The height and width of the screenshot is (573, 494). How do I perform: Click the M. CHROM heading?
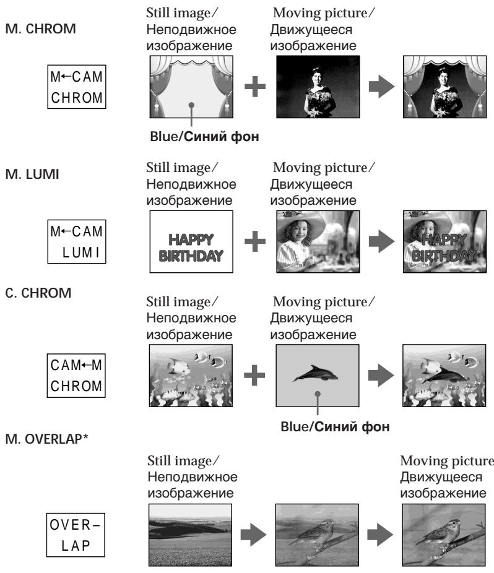[x=41, y=29]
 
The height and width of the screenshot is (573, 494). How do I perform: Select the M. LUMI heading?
[x=32, y=174]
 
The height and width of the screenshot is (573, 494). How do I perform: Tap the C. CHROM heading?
[x=38, y=293]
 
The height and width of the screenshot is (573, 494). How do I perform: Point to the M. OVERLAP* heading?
[x=47, y=439]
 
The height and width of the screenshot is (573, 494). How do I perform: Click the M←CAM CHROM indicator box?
[x=77, y=87]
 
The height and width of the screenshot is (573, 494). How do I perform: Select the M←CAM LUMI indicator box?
[x=77, y=241]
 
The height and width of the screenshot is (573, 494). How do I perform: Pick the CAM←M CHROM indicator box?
[x=76, y=376]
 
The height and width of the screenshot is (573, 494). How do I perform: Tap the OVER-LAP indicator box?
[x=76, y=535]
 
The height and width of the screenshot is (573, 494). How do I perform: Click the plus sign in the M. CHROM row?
[x=255, y=87]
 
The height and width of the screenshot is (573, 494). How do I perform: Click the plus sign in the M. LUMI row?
[x=255, y=241]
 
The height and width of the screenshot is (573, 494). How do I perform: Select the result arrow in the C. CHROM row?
[x=381, y=376]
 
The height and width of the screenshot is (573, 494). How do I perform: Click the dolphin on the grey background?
[x=316, y=373]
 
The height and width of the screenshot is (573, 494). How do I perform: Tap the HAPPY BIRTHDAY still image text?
[x=191, y=248]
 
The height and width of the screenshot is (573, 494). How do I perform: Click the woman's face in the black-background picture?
[x=317, y=78]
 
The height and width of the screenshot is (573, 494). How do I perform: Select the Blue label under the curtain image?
[x=165, y=137]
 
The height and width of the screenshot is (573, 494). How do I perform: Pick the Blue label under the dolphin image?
[x=295, y=427]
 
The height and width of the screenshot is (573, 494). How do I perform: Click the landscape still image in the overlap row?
[x=190, y=535]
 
